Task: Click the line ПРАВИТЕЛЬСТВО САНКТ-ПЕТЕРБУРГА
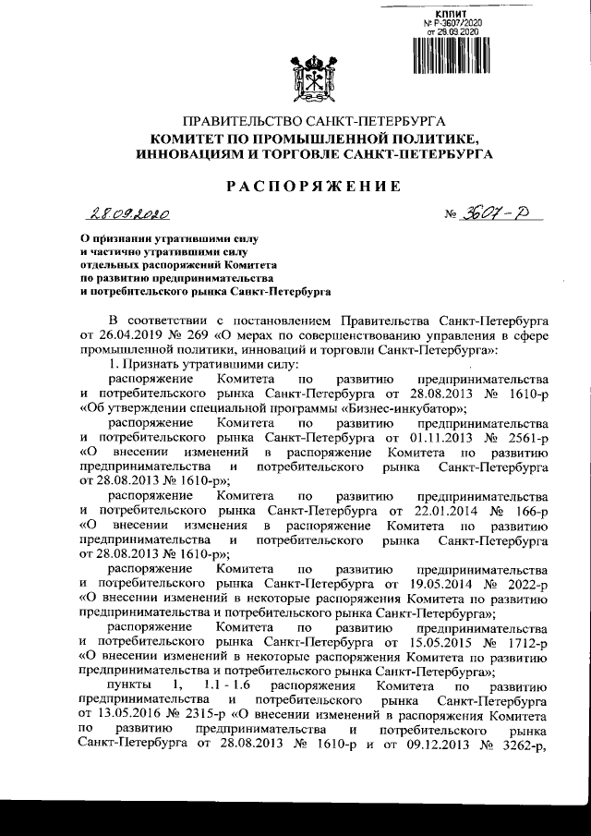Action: (x=315, y=122)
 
